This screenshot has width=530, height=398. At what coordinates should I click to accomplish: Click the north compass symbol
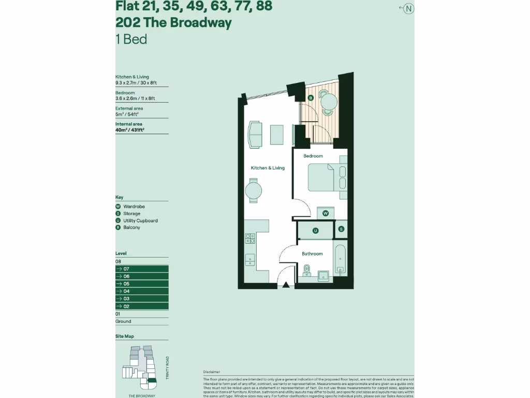[x=408, y=8]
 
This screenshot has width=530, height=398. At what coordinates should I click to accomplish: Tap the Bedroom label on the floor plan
[x=313, y=156]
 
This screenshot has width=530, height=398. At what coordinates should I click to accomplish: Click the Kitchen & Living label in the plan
[x=268, y=168]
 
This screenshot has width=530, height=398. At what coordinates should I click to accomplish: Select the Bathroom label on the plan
[x=312, y=254]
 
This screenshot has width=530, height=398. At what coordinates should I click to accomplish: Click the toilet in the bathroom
[x=306, y=271]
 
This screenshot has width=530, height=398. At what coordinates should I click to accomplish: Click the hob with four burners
[x=250, y=238]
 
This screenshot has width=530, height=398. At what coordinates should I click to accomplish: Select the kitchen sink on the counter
[x=250, y=259]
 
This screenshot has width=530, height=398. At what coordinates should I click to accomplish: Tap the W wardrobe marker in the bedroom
[x=326, y=213]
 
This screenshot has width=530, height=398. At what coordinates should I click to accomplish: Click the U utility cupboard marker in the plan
[x=315, y=230]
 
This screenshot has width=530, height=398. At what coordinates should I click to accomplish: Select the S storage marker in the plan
[x=341, y=229]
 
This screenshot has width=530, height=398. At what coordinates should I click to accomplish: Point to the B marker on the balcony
[x=311, y=97]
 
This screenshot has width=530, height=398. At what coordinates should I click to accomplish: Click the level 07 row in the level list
[x=142, y=269]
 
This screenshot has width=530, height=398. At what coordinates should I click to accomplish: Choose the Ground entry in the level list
[x=123, y=321]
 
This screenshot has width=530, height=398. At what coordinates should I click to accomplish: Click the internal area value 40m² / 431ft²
[x=129, y=130]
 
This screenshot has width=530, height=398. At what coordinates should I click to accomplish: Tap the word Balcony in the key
[x=131, y=228]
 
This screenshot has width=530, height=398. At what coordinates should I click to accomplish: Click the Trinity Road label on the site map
[x=167, y=368]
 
